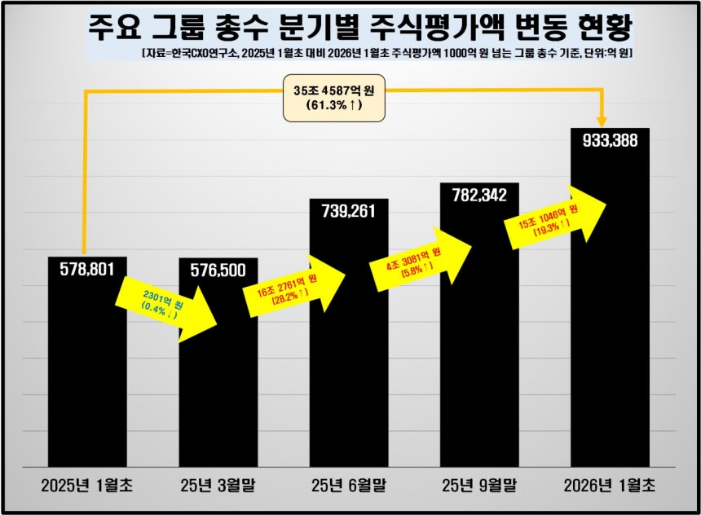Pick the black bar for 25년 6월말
click(x=349, y=375)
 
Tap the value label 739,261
click(x=349, y=211)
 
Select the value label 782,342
click(x=479, y=195)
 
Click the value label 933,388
click(x=610, y=140)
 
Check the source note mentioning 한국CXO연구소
click(x=387, y=53)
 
